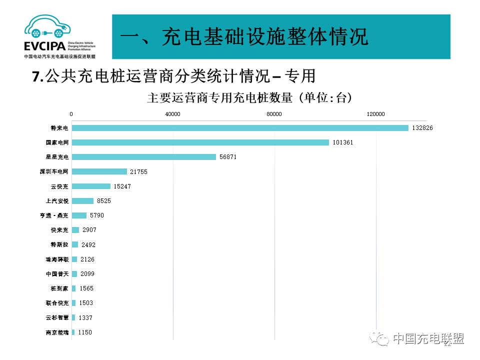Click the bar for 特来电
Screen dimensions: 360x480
click(x=240, y=128)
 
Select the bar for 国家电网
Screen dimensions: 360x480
click(x=200, y=142)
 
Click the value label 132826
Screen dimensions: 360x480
click(x=422, y=128)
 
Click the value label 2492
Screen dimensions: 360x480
click(x=88, y=245)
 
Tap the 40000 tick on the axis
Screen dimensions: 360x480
click(x=173, y=114)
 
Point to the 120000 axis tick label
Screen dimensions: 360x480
click(x=375, y=114)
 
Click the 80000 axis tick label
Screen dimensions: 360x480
click(x=274, y=114)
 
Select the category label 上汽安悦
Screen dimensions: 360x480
click(x=57, y=201)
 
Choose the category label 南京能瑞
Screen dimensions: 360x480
click(x=57, y=332)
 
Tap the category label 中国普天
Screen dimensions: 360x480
click(x=57, y=274)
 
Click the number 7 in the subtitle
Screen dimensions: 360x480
click(x=35, y=76)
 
